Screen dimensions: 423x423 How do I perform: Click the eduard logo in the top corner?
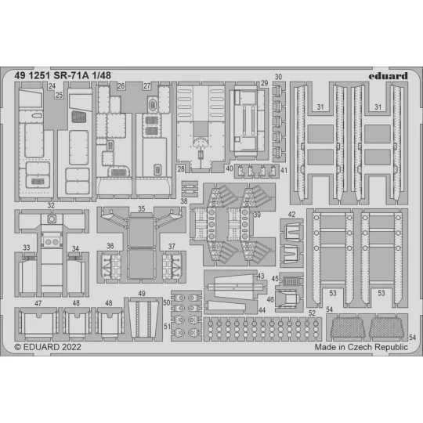391,76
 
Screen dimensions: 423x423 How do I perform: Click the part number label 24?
51,86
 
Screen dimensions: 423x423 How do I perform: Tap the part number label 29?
265,84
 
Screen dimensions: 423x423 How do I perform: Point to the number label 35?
141,209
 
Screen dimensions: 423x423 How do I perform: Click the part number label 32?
51,207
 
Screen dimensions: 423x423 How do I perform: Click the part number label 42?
291,215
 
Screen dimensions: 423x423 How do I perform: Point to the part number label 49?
142,295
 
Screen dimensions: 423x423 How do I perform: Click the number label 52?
312,313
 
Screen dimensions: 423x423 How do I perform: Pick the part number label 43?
260,276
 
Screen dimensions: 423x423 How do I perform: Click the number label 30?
278,77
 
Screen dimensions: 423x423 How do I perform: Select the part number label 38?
183,201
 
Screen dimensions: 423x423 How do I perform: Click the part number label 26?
121,86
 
